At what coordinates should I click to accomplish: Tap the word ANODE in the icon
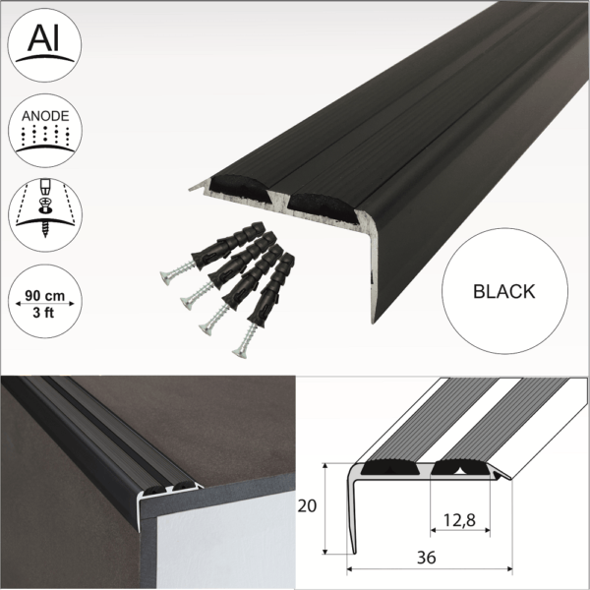coord(45,116)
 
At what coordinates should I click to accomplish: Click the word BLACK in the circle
coord(503,291)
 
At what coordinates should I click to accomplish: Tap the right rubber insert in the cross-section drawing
coord(458,467)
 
